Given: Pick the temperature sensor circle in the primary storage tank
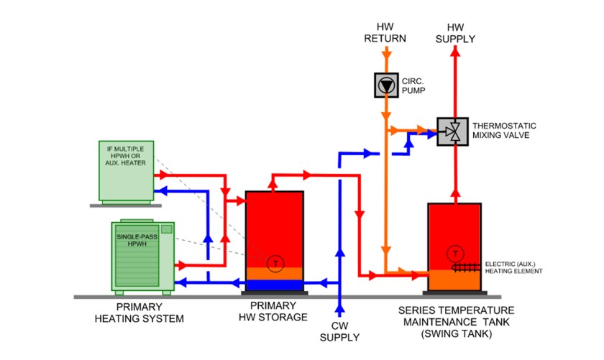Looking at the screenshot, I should [x=275, y=264].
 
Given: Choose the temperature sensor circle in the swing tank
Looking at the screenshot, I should [x=454, y=254].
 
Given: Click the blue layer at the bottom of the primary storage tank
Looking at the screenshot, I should [x=274, y=285].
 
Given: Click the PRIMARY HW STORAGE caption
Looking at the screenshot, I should [x=274, y=312].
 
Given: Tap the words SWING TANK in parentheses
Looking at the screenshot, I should [x=454, y=333].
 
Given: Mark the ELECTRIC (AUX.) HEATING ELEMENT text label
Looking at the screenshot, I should [x=513, y=266].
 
